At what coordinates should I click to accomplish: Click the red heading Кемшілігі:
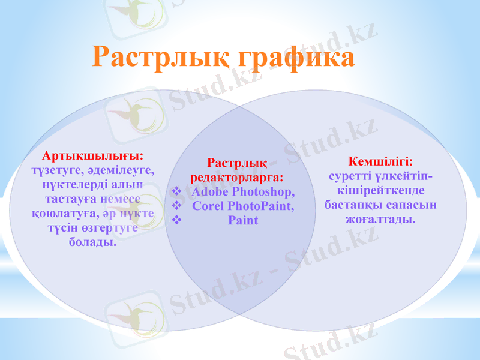click(x=380, y=161)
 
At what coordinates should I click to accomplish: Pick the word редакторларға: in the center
click(x=238, y=178)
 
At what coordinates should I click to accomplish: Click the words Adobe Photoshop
click(x=244, y=192)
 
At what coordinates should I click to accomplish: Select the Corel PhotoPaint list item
click(x=244, y=206)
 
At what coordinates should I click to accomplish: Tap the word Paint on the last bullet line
click(x=243, y=220)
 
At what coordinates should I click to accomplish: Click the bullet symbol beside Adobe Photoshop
click(x=176, y=192)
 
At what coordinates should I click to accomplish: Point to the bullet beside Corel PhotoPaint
click(x=176, y=206)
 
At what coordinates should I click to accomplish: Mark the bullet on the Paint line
click(x=176, y=220)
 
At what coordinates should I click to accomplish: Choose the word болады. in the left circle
click(x=93, y=242)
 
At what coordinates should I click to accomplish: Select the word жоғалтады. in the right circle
click(x=380, y=220)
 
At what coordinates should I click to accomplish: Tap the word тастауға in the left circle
click(x=70, y=199)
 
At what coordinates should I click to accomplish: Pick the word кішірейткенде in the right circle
click(x=380, y=191)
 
